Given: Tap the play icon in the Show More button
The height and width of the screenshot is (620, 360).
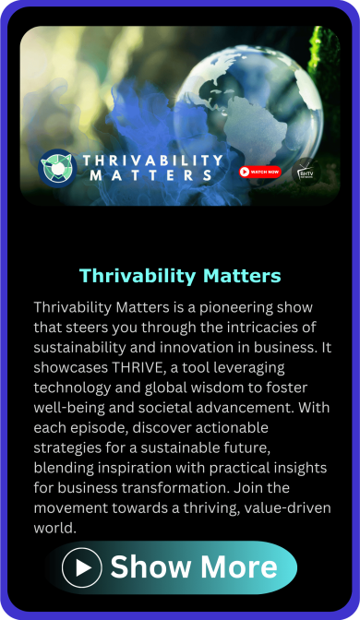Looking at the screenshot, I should coord(82,567).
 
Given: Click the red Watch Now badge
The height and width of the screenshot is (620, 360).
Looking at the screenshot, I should coord(259,172).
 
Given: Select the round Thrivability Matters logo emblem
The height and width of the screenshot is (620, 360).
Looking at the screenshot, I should coord(57,168).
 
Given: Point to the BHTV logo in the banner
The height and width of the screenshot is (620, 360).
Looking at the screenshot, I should coord(305,173).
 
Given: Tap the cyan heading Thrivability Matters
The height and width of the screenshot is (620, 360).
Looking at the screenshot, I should coord(180,275).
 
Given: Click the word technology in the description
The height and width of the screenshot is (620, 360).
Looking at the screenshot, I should coord(74,387).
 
